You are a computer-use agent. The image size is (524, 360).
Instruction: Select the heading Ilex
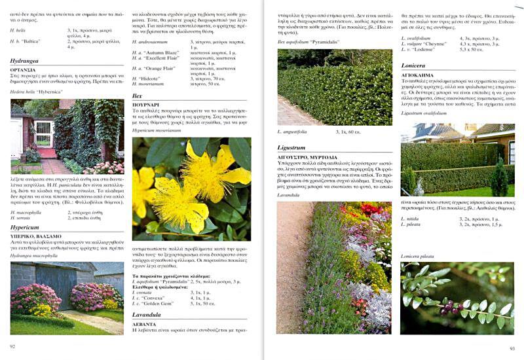coord(138,96)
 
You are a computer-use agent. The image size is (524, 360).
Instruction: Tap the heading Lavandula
coord(147,314)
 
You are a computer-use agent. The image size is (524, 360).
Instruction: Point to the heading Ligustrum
coord(291,147)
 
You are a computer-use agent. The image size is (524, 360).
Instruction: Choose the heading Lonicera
coord(413,65)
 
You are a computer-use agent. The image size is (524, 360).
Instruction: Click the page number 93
coord(512,348)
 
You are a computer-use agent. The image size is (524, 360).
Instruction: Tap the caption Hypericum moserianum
coord(158,130)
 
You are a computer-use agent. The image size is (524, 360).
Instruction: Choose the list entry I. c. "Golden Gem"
coord(155,303)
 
